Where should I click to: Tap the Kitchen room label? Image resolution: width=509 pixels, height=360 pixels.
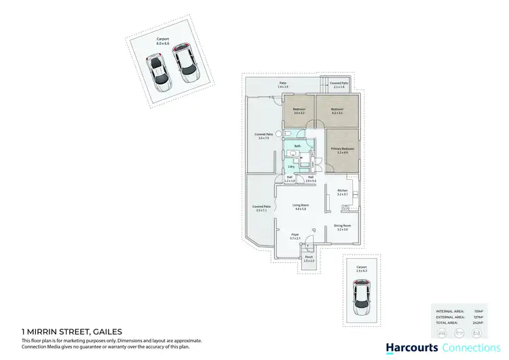pos(343,192)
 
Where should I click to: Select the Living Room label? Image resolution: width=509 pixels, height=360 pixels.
pos(301,206)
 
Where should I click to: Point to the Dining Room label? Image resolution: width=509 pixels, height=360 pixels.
pos(343,228)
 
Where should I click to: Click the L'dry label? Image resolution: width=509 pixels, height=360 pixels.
pos(291,166)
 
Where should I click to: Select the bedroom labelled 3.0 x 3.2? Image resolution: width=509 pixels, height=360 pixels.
pos(299,111)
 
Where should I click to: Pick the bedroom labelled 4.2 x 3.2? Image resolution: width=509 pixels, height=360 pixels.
pos(337,111)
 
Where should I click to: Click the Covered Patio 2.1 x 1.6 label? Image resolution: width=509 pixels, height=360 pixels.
pos(339,85)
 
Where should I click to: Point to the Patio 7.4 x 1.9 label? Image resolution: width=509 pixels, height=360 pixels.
pos(282,86)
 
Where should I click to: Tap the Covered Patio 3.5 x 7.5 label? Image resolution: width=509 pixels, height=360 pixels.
pos(264,137)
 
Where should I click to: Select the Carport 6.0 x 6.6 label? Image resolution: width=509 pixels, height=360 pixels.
pos(164,41)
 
